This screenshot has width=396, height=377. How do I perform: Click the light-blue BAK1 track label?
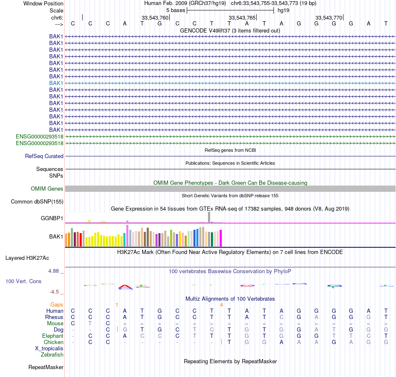(56, 83)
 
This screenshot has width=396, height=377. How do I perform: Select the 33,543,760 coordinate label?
(155, 18)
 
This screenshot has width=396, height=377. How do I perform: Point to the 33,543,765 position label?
(242, 18)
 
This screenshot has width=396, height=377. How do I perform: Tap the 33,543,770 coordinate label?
(329, 18)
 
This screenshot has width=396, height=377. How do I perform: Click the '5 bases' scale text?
(175, 10)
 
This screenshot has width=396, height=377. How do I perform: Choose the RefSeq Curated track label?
(44, 156)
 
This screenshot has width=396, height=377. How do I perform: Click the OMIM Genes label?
(47, 189)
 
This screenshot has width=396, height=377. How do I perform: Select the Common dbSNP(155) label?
(37, 202)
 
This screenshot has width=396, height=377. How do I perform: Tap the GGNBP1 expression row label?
(52, 219)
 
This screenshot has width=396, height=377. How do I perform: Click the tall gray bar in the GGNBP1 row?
(209, 217)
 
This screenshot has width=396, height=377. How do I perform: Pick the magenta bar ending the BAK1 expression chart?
(221, 238)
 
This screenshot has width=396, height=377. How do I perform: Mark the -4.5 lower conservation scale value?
(56, 292)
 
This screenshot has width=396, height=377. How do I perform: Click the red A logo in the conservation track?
(125, 287)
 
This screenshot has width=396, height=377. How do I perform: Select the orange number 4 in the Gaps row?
(221, 305)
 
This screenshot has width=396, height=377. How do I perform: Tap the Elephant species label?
(53, 336)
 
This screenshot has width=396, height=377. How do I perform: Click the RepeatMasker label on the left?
(46, 367)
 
